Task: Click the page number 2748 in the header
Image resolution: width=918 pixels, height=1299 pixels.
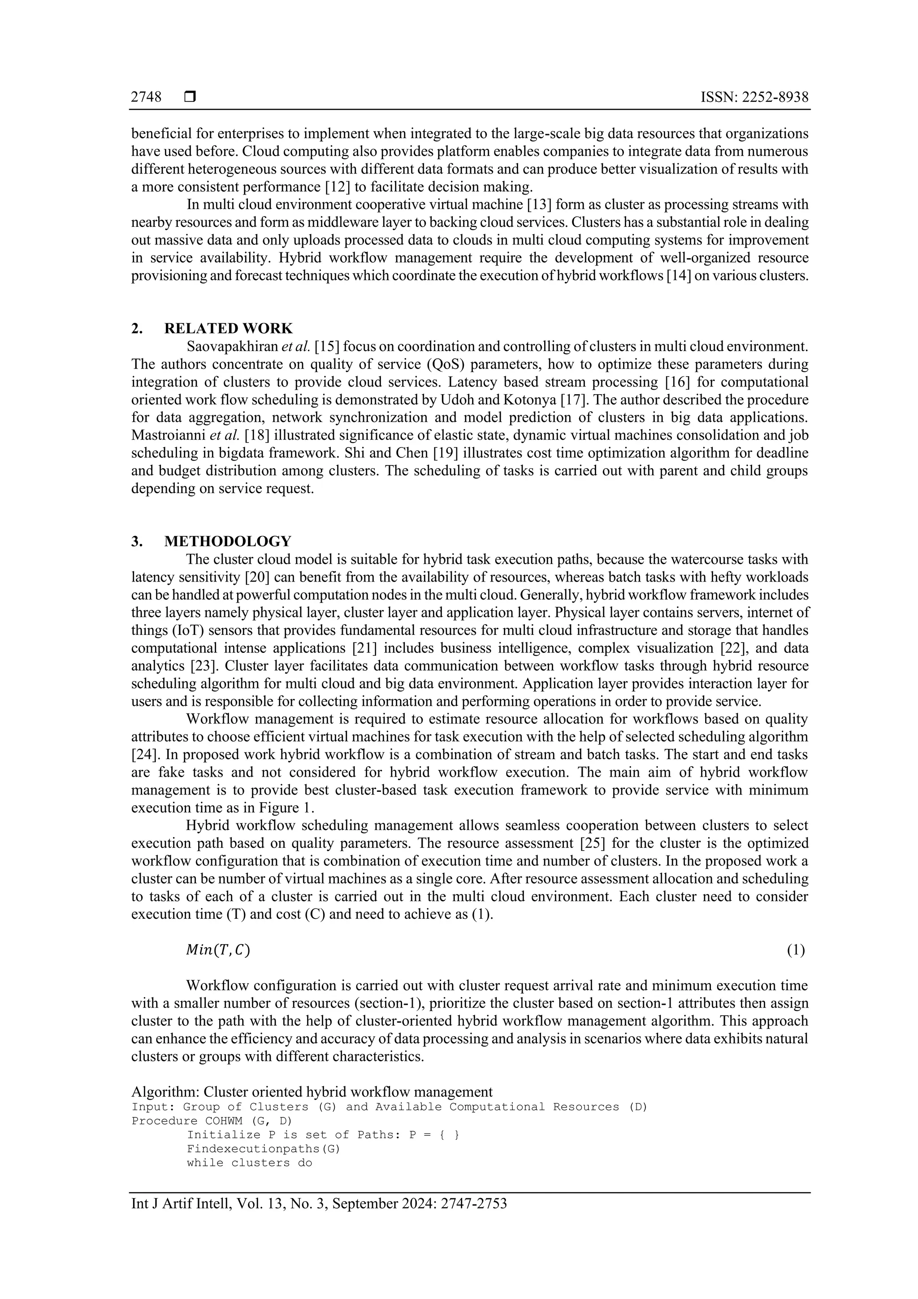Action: click(x=146, y=97)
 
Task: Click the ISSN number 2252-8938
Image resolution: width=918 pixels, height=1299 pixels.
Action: click(x=775, y=97)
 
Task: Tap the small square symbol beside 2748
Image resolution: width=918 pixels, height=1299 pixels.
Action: click(x=190, y=97)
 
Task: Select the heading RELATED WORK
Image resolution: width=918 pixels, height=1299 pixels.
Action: click(x=229, y=329)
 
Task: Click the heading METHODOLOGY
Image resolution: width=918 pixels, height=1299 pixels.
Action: click(x=228, y=542)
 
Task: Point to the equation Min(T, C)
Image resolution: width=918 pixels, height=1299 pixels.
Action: click(x=218, y=951)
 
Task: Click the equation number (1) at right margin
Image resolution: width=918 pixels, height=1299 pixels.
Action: click(x=796, y=951)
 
